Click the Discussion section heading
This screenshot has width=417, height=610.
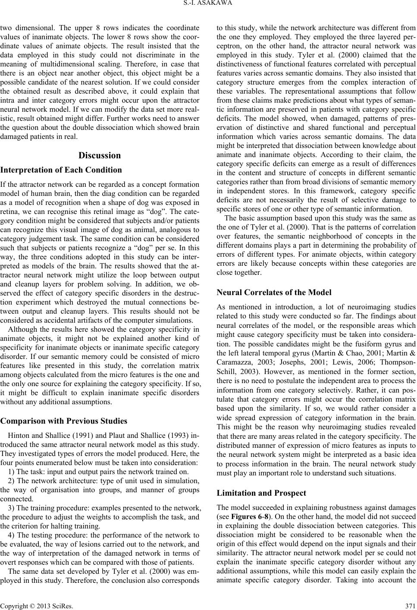click(x=100, y=155)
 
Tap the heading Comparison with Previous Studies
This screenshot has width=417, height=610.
click(x=64, y=421)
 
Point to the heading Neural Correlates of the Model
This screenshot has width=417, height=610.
click(x=274, y=292)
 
